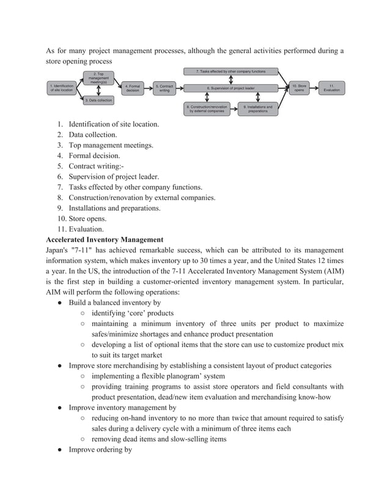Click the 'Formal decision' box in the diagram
click(133, 88)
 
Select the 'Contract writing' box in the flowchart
click(164, 88)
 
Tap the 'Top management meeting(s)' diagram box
click(98, 78)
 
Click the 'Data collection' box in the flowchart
click(98, 100)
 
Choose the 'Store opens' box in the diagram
click(299, 88)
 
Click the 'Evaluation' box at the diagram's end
click(331, 88)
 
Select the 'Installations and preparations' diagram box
click(257, 109)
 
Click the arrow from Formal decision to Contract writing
click(149, 88)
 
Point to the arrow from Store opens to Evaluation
click(314, 88)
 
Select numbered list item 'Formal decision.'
click(94, 156)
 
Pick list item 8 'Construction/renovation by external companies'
click(141, 198)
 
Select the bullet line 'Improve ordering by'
click(100, 450)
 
